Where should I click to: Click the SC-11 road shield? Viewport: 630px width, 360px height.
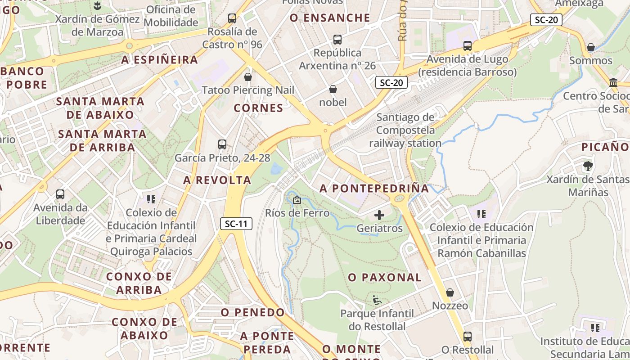tap(236, 224)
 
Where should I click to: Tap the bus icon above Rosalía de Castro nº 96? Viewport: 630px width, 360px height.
tap(232, 18)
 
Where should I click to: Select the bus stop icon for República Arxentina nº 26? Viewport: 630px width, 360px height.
tap(337, 40)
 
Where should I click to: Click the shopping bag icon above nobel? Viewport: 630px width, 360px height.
tap(333, 89)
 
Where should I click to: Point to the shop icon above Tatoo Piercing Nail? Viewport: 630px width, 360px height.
tap(247, 77)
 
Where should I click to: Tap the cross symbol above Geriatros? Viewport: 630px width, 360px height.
tap(379, 215)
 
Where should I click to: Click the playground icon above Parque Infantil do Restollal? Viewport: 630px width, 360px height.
tap(377, 300)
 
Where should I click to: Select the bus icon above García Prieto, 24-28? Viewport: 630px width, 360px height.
tap(222, 144)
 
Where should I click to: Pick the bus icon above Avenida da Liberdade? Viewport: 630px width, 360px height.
tap(60, 194)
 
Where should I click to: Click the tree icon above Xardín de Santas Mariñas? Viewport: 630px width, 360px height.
tap(588, 166)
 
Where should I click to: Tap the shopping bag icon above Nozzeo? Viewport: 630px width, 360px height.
tap(450, 292)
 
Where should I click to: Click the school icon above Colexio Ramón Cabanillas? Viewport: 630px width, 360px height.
tap(481, 214)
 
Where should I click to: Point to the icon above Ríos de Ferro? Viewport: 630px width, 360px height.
tap(297, 200)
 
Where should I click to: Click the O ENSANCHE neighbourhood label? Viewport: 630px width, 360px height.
tap(330, 18)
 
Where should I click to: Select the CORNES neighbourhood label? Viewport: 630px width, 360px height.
tap(259, 108)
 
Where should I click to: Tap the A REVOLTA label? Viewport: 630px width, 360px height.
tap(217, 180)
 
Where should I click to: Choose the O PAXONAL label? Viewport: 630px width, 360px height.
tap(385, 278)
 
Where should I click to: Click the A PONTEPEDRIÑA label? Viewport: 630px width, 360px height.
tap(374, 189)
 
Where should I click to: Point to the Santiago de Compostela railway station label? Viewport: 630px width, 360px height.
tap(405, 130)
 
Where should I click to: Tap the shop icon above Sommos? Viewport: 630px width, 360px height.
tap(591, 48)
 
